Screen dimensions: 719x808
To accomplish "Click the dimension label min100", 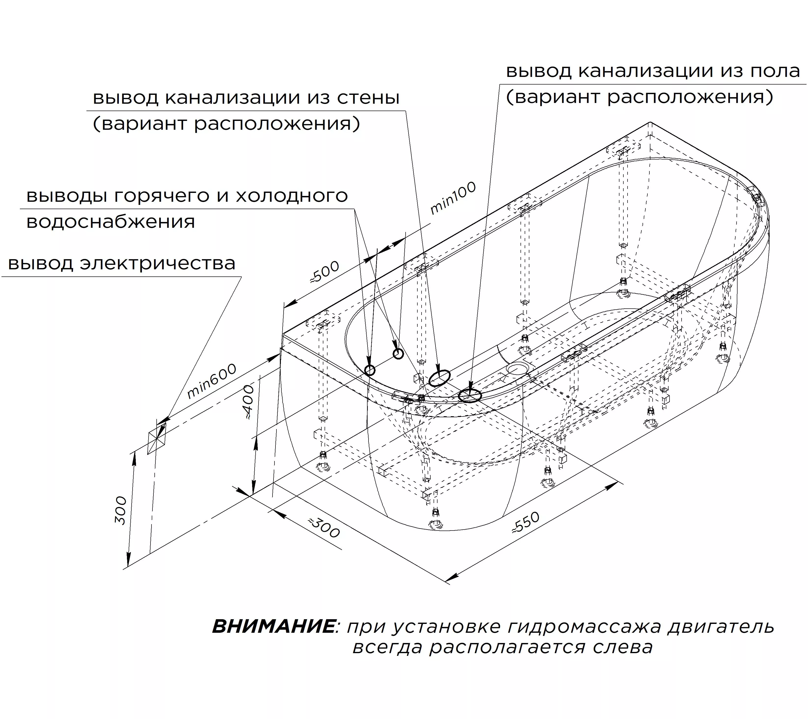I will click(453, 198).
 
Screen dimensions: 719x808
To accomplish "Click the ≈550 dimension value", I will click(525, 522).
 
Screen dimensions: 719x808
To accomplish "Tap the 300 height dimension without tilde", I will click(121, 510).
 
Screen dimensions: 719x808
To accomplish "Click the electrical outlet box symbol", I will click(157, 438).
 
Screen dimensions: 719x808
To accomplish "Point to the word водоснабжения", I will click(111, 222).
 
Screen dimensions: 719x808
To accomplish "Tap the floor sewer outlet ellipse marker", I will click(470, 395).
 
